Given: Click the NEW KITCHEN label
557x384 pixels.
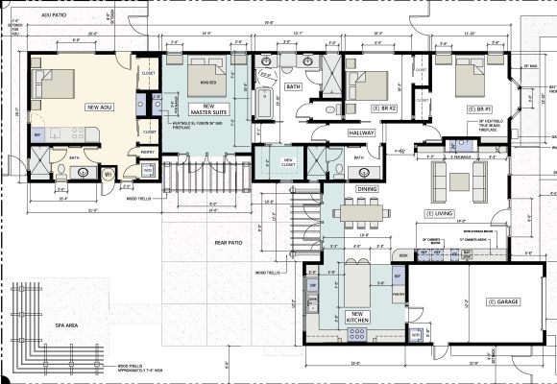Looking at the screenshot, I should point(360,319).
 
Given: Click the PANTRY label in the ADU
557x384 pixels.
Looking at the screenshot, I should point(148,151).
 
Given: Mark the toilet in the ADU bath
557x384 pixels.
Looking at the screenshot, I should point(109,174).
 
